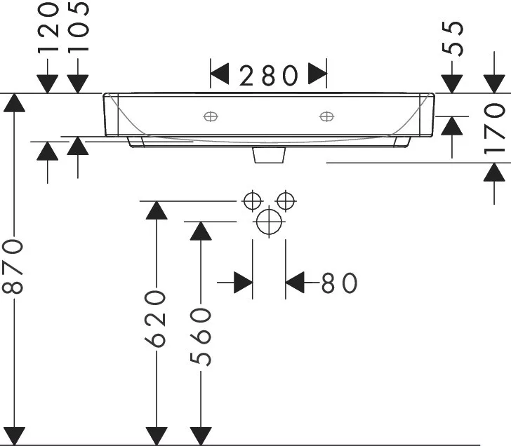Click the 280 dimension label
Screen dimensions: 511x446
pyautogui.click(x=269, y=76)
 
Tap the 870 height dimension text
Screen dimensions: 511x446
pyautogui.click(x=13, y=266)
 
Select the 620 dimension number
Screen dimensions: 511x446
pyautogui.click(x=155, y=318)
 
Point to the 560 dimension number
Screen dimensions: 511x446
pyautogui.click(x=201, y=337)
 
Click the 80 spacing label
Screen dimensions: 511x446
pyautogui.click(x=339, y=283)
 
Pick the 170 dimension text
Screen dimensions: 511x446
pyautogui.click(x=494, y=128)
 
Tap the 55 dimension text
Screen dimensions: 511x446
pyautogui.click(x=452, y=38)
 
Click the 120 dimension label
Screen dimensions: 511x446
pyautogui.click(x=48, y=27)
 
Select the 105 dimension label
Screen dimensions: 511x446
pyautogui.click(x=78, y=27)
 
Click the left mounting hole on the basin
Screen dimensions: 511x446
pyautogui.click(x=211, y=116)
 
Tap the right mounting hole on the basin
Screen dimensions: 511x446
pyautogui.click(x=326, y=116)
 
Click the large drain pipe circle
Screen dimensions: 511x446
pyautogui.click(x=269, y=222)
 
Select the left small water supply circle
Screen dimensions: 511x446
pyautogui.click(x=252, y=201)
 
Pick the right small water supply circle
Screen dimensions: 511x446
pyautogui.click(x=286, y=201)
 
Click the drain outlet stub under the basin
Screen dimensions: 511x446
pyautogui.click(x=269, y=155)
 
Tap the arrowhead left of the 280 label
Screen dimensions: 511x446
pyautogui.click(x=219, y=74)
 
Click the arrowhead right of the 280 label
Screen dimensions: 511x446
pyautogui.click(x=317, y=74)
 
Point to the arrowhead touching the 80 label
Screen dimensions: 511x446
pyautogui.click(x=295, y=282)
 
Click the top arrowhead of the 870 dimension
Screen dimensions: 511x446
pyautogui.click(x=14, y=102)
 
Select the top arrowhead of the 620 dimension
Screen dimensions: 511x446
pyautogui.click(x=157, y=210)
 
